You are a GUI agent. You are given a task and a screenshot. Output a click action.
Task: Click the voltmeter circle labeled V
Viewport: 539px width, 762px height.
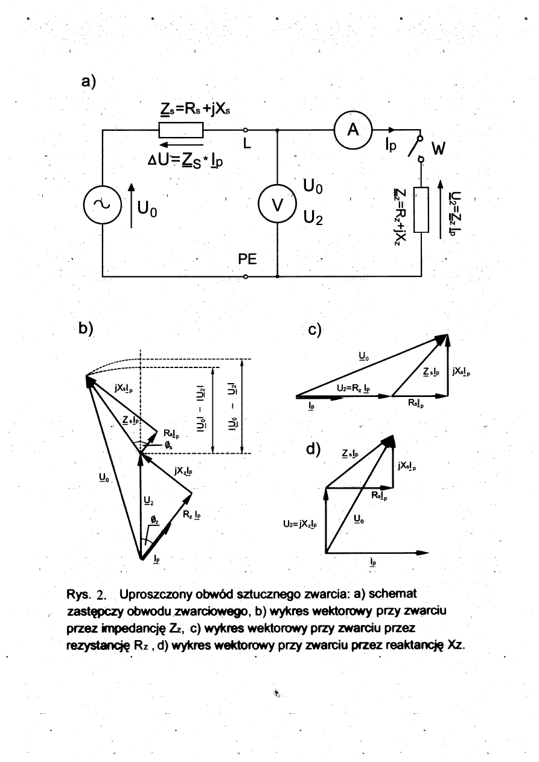(x=277, y=205)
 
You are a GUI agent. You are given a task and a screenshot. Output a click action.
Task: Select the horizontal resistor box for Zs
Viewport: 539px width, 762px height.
(x=180, y=130)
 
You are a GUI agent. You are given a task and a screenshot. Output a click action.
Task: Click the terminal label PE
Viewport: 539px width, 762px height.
(x=247, y=260)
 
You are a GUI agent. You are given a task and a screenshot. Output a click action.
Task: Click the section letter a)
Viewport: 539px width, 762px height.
(x=89, y=81)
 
